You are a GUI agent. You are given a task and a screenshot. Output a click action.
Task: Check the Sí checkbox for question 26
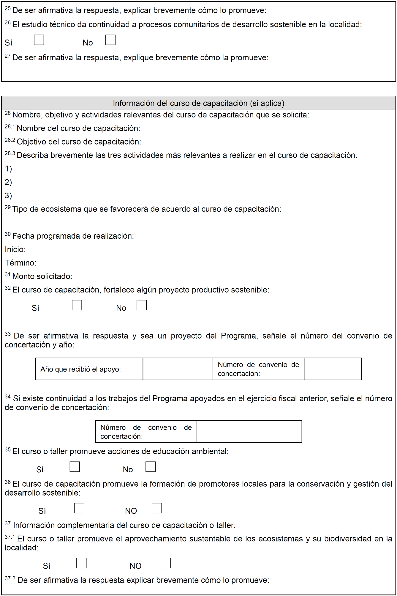point(39,40)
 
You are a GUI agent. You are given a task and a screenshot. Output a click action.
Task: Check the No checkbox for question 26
point(110,40)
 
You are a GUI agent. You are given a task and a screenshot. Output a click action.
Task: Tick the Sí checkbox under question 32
point(77,305)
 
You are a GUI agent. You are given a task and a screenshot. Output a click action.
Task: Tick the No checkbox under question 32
point(142,305)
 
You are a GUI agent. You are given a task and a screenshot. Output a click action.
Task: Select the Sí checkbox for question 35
point(75,467)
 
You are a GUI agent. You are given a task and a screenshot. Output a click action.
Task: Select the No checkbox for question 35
point(151,467)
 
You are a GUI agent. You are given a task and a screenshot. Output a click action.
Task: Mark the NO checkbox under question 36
point(157,508)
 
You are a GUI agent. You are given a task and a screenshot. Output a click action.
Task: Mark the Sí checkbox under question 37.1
point(81,563)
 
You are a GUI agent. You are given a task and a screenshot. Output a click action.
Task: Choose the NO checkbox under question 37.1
point(166,563)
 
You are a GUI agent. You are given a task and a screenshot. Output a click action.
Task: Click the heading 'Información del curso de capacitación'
point(198,103)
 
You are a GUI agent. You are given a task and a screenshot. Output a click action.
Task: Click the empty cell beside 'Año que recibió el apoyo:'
point(178,369)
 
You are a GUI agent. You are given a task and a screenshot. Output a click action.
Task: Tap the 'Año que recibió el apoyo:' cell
point(80,369)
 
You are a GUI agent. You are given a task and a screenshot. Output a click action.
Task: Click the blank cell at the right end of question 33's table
point(333,369)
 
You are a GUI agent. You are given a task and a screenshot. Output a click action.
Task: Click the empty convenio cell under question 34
point(249,432)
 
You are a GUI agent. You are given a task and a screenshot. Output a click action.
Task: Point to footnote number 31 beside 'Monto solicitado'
point(8,275)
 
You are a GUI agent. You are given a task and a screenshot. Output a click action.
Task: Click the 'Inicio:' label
point(15,249)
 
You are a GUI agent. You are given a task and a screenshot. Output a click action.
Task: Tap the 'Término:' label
point(20,263)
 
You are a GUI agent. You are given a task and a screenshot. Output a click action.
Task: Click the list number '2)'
point(8,182)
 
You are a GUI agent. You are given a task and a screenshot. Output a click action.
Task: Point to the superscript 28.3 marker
point(10,153)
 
